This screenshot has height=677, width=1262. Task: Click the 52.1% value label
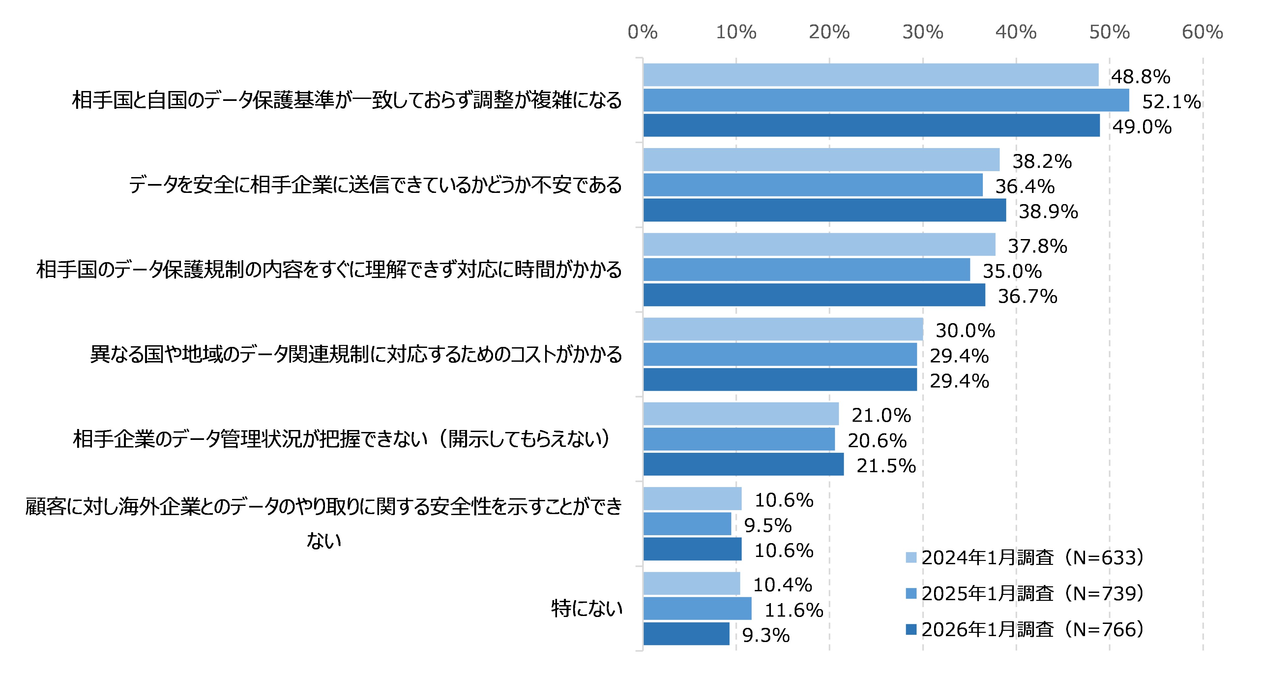(1171, 102)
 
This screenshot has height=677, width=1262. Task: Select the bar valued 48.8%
(870, 75)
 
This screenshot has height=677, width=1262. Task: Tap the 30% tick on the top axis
(923, 32)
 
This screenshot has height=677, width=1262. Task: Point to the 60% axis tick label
(1202, 32)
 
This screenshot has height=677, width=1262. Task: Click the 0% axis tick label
(642, 32)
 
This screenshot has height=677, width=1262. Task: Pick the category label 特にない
(586, 608)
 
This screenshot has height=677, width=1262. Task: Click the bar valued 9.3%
(686, 633)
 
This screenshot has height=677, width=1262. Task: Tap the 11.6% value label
(794, 610)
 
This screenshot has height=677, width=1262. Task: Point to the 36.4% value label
(1024, 186)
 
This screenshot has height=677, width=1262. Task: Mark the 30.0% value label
(965, 331)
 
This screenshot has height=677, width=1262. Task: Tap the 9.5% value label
(767, 526)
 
